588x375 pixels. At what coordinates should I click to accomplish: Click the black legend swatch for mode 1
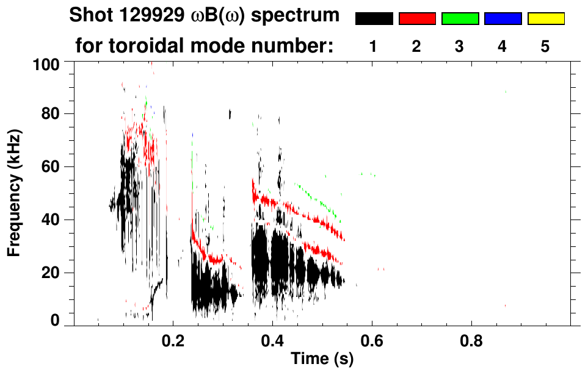coord(374,19)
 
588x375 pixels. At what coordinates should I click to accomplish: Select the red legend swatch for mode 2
coord(417,19)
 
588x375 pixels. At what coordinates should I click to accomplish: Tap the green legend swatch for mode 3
coord(460,19)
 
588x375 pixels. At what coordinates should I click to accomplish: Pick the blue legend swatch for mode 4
coord(503,19)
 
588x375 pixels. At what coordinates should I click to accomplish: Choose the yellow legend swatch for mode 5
coord(546,19)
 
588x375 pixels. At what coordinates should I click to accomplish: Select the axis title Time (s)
coord(322,360)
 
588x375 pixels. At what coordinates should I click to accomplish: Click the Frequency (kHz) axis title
coord(15,193)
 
